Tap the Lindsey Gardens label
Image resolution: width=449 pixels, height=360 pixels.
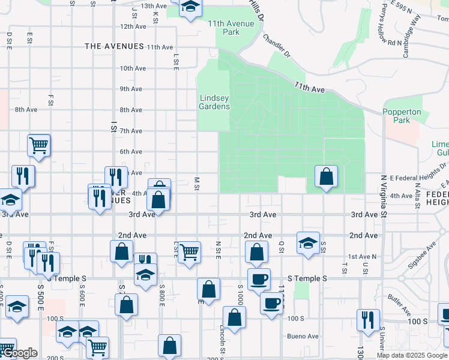click(x=214, y=102)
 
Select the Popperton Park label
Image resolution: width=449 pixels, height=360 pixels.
click(x=402, y=116)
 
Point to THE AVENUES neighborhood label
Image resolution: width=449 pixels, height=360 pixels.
click(x=114, y=46)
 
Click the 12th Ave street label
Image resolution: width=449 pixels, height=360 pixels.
click(x=133, y=27)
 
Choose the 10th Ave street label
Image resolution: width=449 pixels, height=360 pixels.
click(x=133, y=68)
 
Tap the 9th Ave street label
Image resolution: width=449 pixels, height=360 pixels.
click(x=131, y=89)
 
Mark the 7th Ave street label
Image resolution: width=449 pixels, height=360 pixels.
click(x=131, y=131)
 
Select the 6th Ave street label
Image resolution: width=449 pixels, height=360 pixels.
click(x=131, y=152)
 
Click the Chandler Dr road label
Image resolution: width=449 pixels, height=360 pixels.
click(x=276, y=46)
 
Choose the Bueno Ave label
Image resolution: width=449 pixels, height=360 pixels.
click(x=302, y=336)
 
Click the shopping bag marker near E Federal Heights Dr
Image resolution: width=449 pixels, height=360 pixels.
click(x=326, y=177)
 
